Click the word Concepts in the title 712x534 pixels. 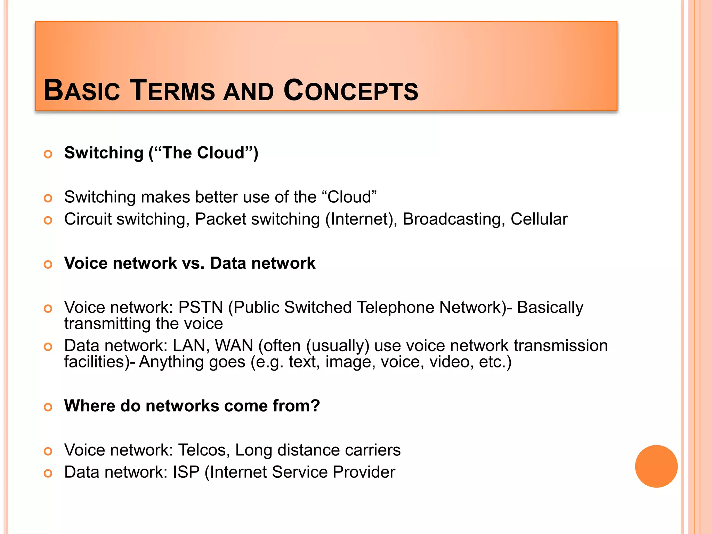351,91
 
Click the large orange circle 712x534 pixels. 656,466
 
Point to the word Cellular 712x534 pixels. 539,219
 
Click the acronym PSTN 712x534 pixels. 201,308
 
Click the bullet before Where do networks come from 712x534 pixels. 48,407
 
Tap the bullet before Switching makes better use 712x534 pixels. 48,198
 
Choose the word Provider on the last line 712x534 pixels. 364,472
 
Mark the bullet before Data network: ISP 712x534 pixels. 48,473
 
